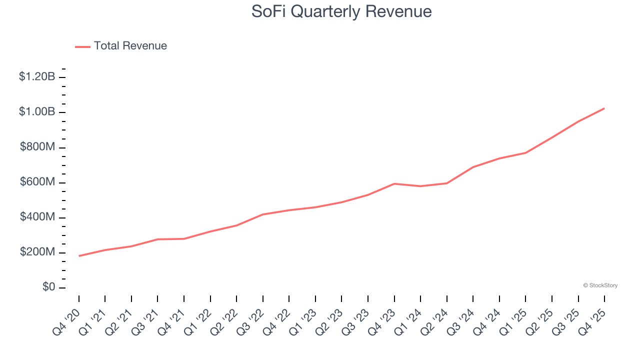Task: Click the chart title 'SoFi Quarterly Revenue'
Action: [x=341, y=11]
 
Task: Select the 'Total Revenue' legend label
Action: [x=130, y=46]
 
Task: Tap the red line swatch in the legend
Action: [x=82, y=46]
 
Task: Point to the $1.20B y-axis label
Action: [x=37, y=77]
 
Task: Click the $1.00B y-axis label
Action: [x=37, y=112]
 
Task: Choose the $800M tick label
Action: [x=37, y=147]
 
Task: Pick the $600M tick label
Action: [x=37, y=182]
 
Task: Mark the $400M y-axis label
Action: [x=37, y=217]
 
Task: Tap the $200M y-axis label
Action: [x=37, y=252]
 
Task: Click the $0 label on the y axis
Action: [x=48, y=287]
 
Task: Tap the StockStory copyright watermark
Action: [x=600, y=285]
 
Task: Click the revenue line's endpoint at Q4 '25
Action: [x=604, y=108]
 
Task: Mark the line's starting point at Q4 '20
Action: [x=79, y=256]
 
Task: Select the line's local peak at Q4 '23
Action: [x=394, y=183]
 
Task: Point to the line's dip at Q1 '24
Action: [x=420, y=186]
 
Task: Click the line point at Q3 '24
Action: [x=473, y=167]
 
